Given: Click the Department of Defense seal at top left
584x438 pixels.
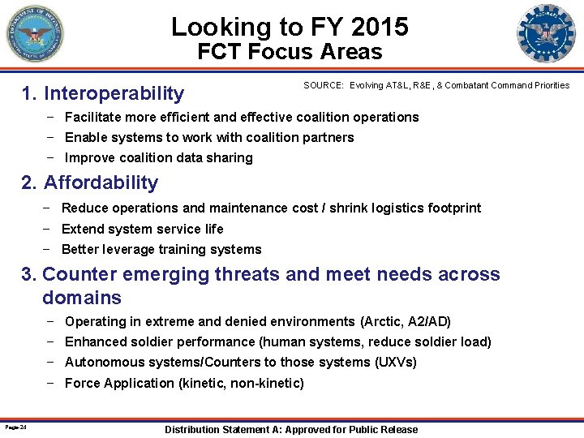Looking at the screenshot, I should [33, 34].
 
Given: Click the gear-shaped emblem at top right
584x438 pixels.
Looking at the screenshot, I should [545, 34].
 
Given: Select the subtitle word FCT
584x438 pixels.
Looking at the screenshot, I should [221, 53].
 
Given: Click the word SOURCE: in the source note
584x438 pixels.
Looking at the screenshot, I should [324, 85].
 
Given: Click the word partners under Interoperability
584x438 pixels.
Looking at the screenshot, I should [328, 137].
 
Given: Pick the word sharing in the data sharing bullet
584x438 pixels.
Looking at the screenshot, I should [230, 157].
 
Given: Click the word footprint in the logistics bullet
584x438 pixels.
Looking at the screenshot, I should [451, 208].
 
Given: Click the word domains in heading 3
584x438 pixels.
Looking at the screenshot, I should [82, 298].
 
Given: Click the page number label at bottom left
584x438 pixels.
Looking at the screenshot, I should [15, 427].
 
